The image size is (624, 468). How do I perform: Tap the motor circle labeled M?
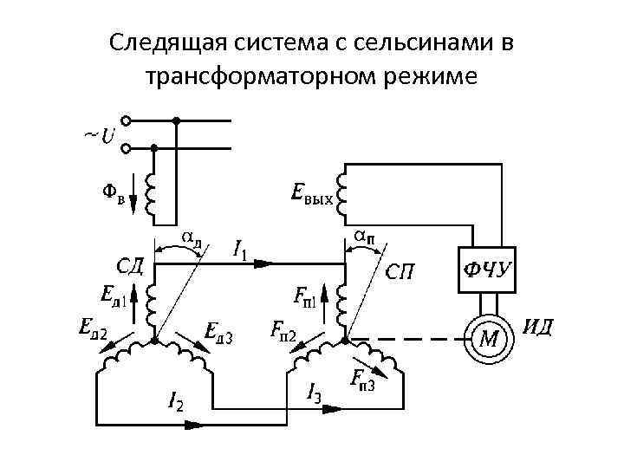(x=489, y=337)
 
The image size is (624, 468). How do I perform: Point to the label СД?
(x=130, y=263)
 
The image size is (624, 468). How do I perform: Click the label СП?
(x=400, y=272)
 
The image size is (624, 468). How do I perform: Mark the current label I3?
(x=315, y=393)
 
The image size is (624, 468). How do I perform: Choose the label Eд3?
(x=219, y=330)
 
